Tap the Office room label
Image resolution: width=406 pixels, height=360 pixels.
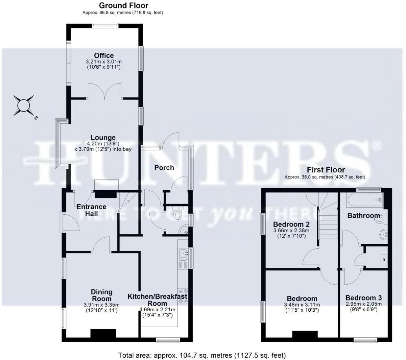[x=104, y=55]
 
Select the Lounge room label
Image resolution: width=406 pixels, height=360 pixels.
[x=103, y=138]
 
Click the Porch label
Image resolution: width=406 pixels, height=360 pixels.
[x=164, y=168]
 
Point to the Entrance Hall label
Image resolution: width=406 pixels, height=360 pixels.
[x=91, y=210]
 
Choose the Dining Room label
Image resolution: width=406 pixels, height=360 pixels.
[x=101, y=295]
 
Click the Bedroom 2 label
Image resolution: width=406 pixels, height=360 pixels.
[x=291, y=224]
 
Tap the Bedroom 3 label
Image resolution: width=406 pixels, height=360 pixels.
[x=363, y=298]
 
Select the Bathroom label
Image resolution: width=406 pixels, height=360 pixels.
[x=363, y=215]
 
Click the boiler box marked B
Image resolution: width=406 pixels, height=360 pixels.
[x=383, y=260]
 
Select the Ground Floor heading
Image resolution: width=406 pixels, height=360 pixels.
[x=123, y=5]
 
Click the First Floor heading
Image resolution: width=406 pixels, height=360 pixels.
[x=326, y=170]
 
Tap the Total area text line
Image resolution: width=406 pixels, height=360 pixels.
[x=202, y=355]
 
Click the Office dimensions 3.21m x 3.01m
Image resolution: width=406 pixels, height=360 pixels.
[x=104, y=62]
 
